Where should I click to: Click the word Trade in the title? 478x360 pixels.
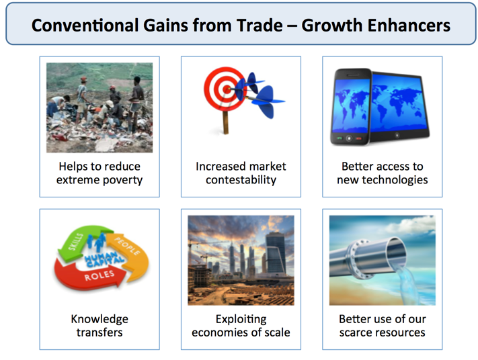[x=260, y=26]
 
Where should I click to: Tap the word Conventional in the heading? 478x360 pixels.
[x=85, y=26]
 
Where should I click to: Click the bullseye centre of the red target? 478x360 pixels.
[x=227, y=89]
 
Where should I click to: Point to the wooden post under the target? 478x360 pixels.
[x=226, y=122]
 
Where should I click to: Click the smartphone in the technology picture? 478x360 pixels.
[x=351, y=107]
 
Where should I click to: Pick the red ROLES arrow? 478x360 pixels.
[x=91, y=275]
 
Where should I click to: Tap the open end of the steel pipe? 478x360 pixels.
[x=396, y=252]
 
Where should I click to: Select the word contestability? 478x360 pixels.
[x=241, y=180]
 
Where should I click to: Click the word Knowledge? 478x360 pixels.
[x=99, y=319]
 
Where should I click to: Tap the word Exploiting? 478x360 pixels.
[x=241, y=319]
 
